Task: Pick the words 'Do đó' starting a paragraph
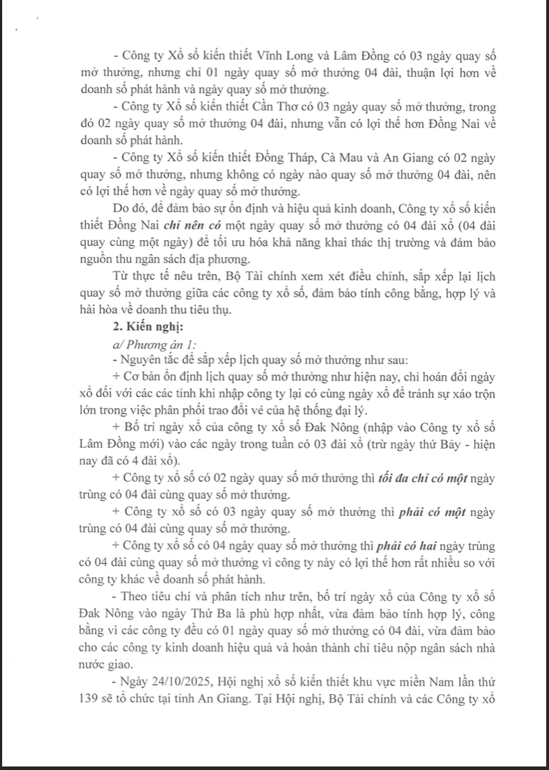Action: pos(125,210)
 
